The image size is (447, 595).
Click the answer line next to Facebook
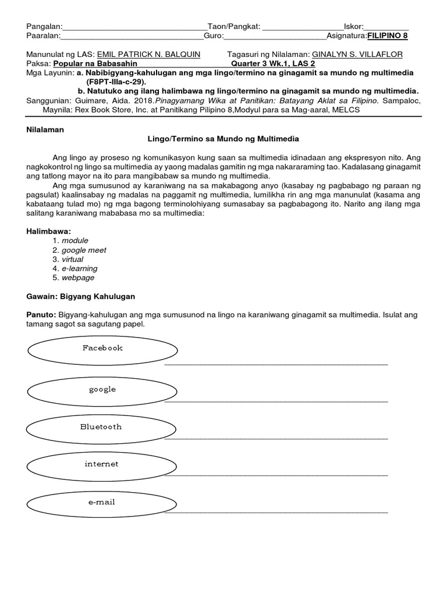pos(276,364)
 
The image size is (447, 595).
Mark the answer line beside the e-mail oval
pos(276,512)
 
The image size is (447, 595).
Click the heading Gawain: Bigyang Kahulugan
pos(80,296)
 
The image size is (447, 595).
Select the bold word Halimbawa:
pos(49,231)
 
